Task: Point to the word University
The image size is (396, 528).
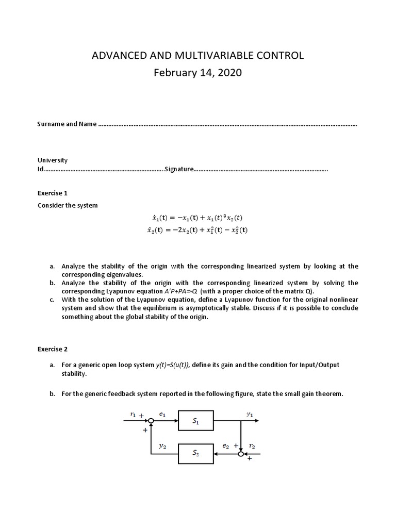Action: [53, 160]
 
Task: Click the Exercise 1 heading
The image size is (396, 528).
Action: [53, 193]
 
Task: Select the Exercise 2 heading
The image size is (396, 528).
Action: [53, 349]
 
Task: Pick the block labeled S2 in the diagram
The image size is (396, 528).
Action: [195, 454]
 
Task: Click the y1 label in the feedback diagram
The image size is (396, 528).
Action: [250, 414]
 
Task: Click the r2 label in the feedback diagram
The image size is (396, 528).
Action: [252, 445]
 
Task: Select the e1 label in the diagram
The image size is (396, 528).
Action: [163, 414]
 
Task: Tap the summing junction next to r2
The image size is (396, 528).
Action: [241, 454]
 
